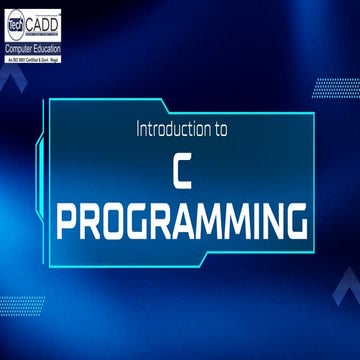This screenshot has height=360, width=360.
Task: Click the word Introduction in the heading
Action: (169, 131)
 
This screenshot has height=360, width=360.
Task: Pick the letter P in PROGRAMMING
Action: (68, 219)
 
